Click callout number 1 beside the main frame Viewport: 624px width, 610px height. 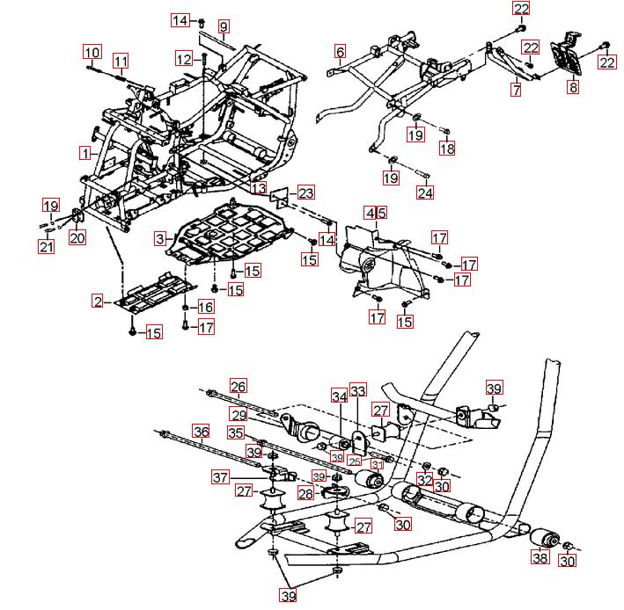(x=84, y=153)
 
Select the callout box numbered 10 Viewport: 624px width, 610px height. (x=92, y=52)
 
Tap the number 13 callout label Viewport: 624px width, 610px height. (x=258, y=187)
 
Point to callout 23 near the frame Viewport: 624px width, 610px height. (x=305, y=192)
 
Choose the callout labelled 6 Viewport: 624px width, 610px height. (x=340, y=52)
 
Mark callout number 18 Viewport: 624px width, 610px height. (x=447, y=149)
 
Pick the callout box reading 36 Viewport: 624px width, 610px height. (x=202, y=432)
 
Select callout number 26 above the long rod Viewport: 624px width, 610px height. (x=239, y=385)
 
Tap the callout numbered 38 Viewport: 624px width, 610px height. (x=539, y=556)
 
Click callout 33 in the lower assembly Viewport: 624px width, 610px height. (x=357, y=389)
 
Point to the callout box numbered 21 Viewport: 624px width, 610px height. (x=46, y=247)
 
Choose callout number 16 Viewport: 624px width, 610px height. (x=205, y=307)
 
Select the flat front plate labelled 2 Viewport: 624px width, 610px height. (x=154, y=294)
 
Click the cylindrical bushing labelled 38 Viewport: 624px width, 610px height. (x=550, y=537)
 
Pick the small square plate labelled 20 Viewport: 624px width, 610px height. (x=77, y=215)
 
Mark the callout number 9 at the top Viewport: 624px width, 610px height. (x=224, y=26)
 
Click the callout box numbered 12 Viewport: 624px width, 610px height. (x=183, y=59)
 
